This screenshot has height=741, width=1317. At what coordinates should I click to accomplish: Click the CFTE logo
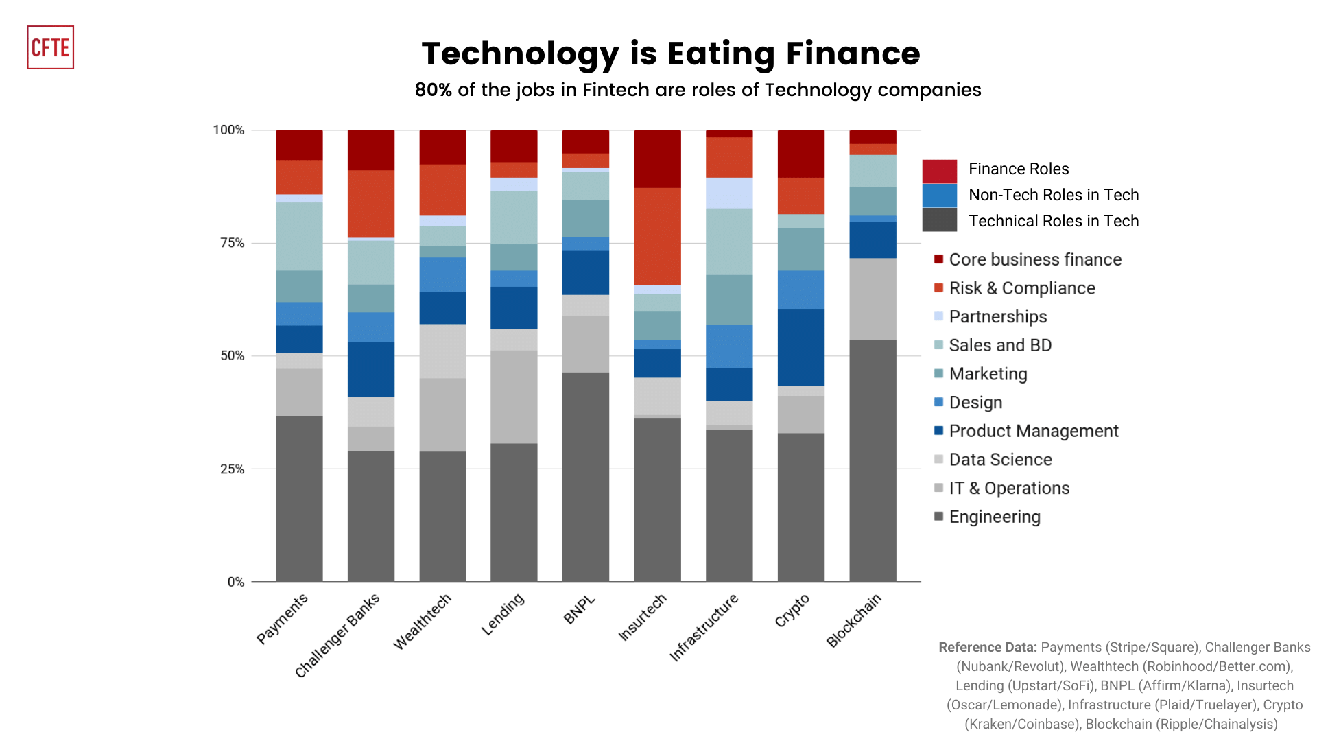[x=50, y=47]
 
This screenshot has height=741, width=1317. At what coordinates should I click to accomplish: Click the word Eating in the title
[x=722, y=54]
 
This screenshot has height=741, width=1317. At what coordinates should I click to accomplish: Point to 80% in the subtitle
[x=433, y=90]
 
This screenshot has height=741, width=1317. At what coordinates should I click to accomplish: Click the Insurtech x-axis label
[x=643, y=617]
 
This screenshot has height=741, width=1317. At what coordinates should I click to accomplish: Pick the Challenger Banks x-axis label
[x=337, y=635]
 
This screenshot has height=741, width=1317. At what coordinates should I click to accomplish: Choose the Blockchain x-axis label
[x=854, y=620]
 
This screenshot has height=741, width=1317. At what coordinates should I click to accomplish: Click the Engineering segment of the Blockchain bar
[x=873, y=460]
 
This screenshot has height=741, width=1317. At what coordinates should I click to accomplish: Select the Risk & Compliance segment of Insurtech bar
[x=657, y=236]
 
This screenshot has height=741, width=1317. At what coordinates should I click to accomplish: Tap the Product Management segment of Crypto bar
[x=801, y=347]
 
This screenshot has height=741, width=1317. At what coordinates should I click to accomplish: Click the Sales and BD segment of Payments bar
[x=299, y=236]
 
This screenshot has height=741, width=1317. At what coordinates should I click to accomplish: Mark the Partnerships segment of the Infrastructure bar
[x=729, y=193]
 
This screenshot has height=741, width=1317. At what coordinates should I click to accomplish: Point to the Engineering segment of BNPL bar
[x=586, y=477]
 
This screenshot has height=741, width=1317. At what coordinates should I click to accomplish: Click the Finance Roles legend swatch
[x=939, y=171]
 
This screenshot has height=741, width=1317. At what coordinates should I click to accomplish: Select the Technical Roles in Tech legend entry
[x=1053, y=221]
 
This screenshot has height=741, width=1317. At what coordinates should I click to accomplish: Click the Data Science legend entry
[x=1000, y=460]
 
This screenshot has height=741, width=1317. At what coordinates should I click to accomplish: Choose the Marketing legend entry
[x=988, y=374]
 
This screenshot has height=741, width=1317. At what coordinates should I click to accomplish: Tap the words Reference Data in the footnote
[x=987, y=647]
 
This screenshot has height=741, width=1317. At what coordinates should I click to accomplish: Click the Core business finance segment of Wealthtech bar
[x=442, y=147]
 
